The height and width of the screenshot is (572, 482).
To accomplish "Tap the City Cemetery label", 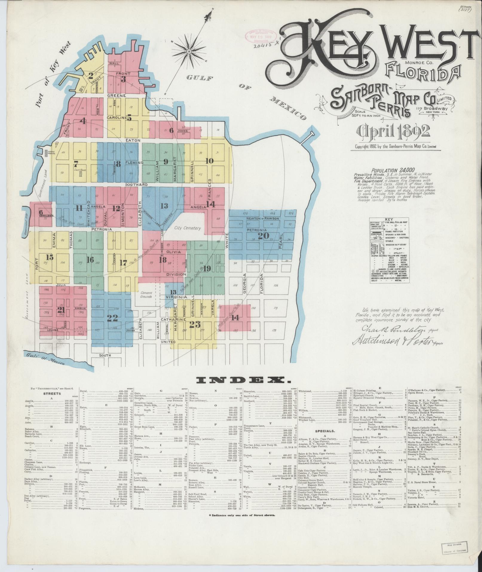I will pos(188,228).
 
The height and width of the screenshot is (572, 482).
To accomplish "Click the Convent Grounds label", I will pos(146,295).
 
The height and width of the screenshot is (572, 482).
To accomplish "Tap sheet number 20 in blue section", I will pos(263,236).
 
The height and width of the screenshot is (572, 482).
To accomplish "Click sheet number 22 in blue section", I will pos(112,318).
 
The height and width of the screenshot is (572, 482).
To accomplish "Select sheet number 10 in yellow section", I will pos(209,161).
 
